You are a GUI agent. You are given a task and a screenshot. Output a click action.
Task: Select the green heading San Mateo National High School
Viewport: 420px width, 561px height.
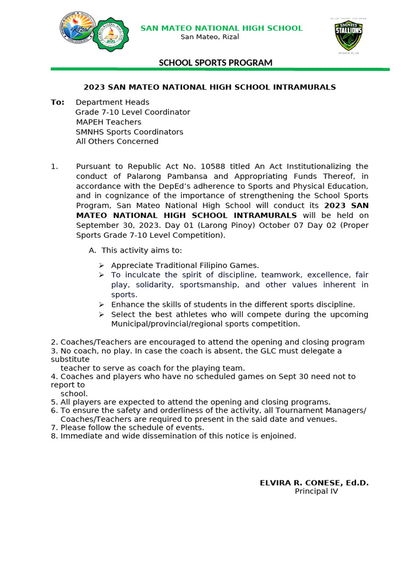pyautogui.click(x=221, y=28)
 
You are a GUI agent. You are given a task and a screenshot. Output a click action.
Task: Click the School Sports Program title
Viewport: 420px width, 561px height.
pyautogui.click(x=215, y=62)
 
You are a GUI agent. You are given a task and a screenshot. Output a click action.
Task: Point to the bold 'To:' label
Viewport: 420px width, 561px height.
pyautogui.click(x=57, y=102)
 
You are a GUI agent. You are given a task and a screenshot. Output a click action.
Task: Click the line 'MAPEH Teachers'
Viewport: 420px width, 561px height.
pyautogui.click(x=108, y=122)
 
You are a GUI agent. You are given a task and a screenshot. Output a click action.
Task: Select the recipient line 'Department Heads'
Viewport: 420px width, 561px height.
pyautogui.click(x=112, y=102)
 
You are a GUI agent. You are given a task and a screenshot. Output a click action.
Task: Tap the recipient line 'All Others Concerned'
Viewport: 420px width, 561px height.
pyautogui.click(x=117, y=141)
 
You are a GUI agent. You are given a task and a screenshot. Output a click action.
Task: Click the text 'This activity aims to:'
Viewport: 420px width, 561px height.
pyautogui.click(x=142, y=250)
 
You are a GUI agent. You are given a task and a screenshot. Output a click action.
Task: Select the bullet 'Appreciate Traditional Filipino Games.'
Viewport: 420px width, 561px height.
pyautogui.click(x=185, y=265)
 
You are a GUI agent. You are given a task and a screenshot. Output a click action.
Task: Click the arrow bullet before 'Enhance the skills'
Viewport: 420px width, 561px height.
pyautogui.click(x=101, y=305)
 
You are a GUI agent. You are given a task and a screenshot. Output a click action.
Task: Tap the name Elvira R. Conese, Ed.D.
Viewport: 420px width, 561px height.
pyautogui.click(x=314, y=483)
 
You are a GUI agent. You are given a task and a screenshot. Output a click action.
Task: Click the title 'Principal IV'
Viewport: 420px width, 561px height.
pyautogui.click(x=316, y=491)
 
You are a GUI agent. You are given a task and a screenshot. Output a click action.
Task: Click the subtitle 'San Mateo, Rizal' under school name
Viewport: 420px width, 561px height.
pyautogui.click(x=209, y=37)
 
